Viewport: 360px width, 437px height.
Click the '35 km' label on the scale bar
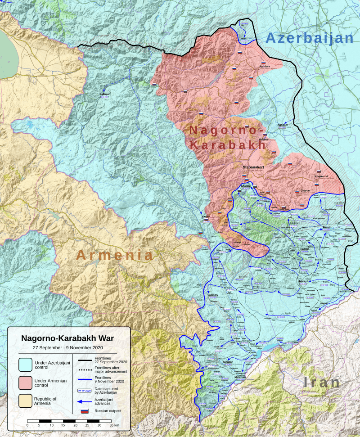click(114, 425)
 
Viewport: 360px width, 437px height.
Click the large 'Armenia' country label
click(114, 255)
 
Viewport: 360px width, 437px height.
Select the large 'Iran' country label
click(321, 383)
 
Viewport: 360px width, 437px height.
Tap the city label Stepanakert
click(253, 167)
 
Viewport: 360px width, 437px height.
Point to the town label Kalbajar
click(104, 94)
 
